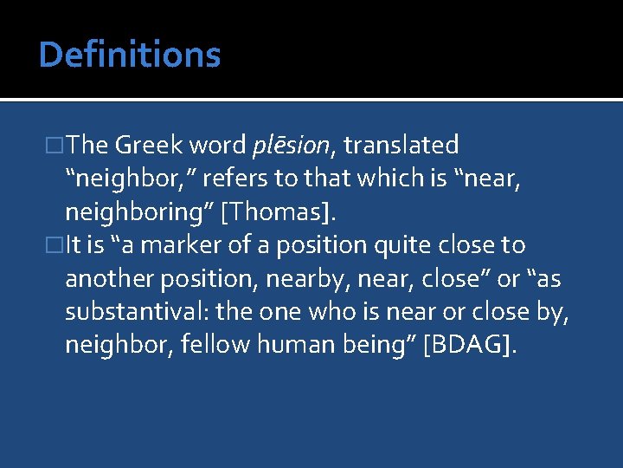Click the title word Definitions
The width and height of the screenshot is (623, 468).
[x=130, y=55]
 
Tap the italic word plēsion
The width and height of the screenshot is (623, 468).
[x=286, y=146]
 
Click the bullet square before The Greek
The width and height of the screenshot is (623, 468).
[x=56, y=146]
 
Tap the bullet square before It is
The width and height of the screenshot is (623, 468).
[x=56, y=246]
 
